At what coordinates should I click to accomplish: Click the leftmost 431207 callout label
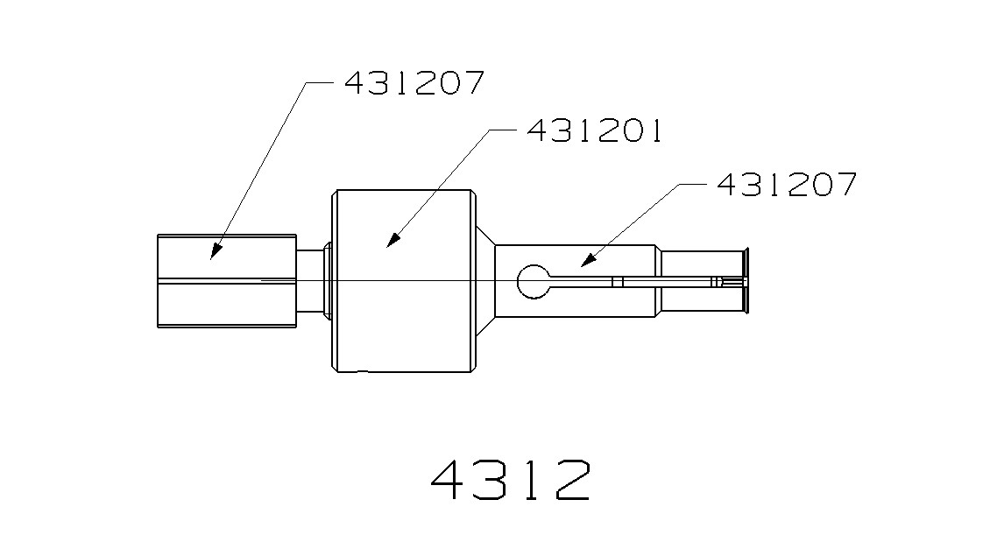pyautogui.click(x=414, y=83)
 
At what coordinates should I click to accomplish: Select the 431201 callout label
pyautogui.click(x=594, y=131)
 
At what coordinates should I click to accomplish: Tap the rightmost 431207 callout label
pyautogui.click(x=786, y=185)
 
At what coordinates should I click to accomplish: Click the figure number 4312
pyautogui.click(x=511, y=479)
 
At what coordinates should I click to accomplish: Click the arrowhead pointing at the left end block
pyautogui.click(x=213, y=252)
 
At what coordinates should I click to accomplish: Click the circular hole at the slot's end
pyautogui.click(x=533, y=281)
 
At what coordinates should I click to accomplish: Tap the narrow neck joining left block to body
pyautogui.click(x=310, y=280)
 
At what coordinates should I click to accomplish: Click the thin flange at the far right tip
pyautogui.click(x=746, y=281)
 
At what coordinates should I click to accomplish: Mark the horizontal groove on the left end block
pyautogui.click(x=226, y=280)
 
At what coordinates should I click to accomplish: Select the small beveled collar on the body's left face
pyautogui.click(x=328, y=280)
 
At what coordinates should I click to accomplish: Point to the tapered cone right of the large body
pyautogui.click(x=486, y=280)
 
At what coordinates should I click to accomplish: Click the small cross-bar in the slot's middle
pyautogui.click(x=618, y=281)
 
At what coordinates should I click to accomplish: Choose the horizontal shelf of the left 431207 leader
pyautogui.click(x=319, y=83)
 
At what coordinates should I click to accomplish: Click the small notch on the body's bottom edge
pyautogui.click(x=363, y=371)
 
